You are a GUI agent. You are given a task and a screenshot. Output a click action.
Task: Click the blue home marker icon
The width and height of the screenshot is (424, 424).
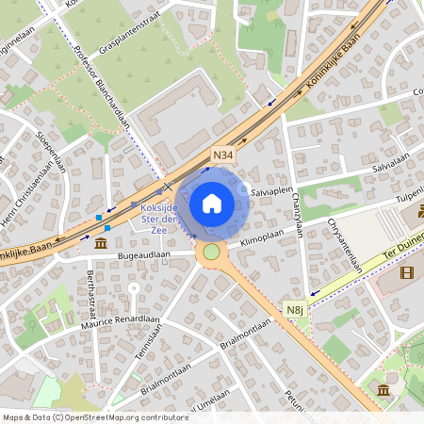(212, 203)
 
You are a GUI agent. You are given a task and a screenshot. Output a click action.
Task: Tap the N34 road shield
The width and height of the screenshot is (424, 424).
(223, 155)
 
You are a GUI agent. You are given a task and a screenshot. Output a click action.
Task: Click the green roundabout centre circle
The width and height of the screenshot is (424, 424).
(212, 252)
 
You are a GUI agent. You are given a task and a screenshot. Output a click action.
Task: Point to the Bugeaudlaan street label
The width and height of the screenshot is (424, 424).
(148, 254)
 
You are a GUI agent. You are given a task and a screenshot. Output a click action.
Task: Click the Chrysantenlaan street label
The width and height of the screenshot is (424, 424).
(344, 244)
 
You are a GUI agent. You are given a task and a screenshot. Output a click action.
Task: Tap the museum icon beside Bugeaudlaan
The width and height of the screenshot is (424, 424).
(101, 245)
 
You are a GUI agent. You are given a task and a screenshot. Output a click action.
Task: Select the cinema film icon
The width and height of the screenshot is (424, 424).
(406, 272)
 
